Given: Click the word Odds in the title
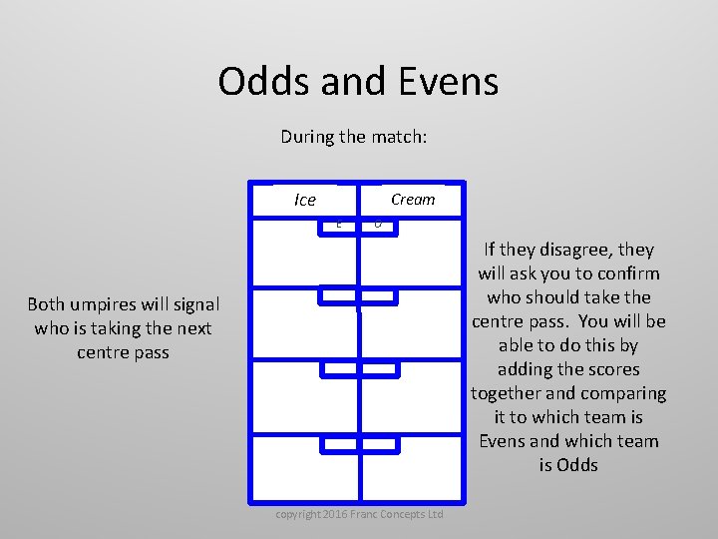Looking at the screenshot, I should (263, 82).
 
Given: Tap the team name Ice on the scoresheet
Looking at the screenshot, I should (305, 200).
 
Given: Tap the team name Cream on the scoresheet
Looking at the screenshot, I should (413, 199).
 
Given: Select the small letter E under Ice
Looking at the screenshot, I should (339, 225).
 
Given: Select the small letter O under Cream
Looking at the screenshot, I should (377, 225).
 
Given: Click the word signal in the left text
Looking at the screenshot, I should (193, 304).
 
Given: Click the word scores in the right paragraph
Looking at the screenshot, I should (608, 369).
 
